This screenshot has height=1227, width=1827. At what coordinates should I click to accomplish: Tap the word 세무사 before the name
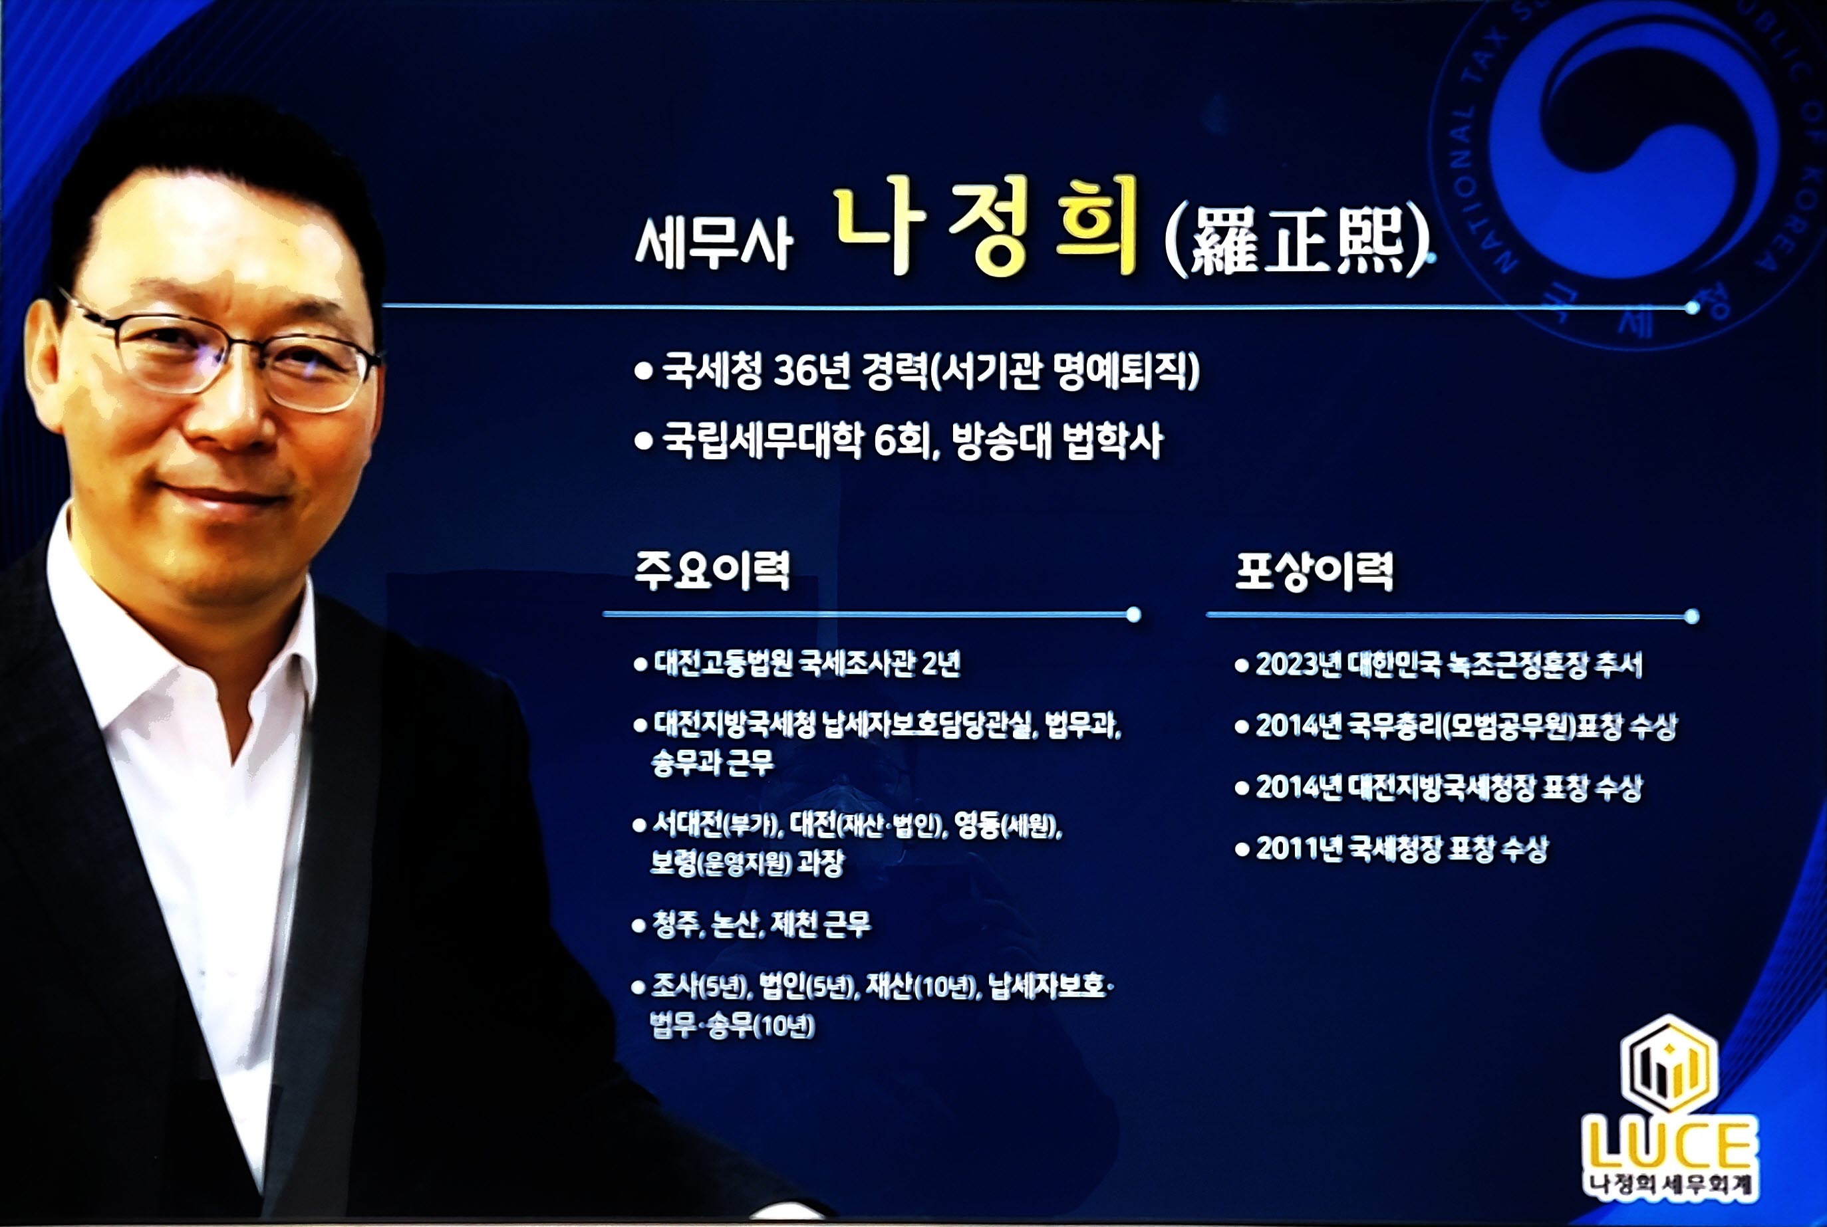[713, 243]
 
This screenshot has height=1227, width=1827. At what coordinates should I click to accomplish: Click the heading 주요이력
[712, 570]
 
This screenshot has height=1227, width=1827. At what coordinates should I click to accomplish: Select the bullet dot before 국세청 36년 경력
[643, 371]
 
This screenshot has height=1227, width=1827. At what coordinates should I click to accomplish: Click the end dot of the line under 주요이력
[1133, 615]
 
